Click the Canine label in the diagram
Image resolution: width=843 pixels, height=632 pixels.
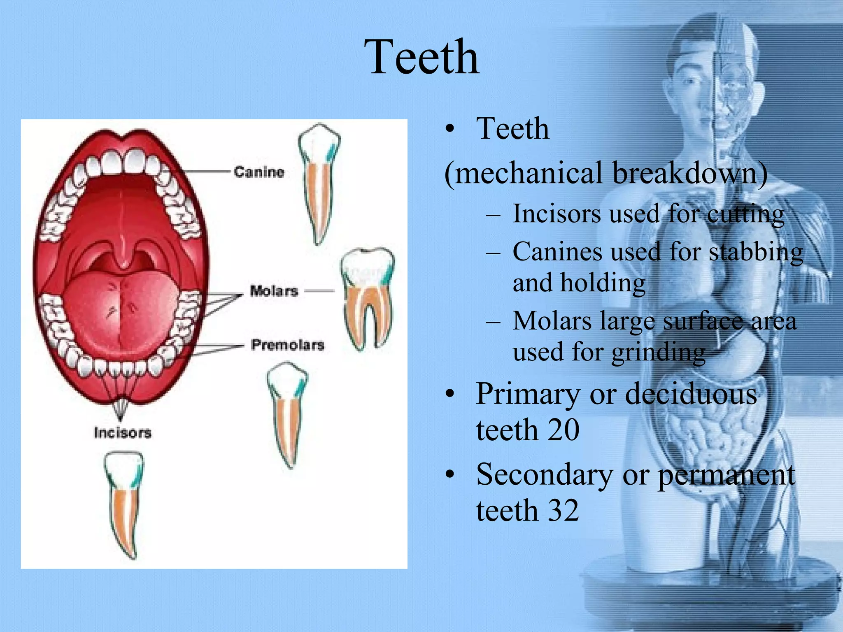(259, 172)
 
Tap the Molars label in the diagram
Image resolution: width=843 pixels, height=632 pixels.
(274, 291)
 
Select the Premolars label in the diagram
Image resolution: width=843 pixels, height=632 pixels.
(288, 345)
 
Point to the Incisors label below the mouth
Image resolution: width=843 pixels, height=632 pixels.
(123, 432)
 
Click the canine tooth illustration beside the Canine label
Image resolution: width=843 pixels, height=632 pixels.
(319, 181)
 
